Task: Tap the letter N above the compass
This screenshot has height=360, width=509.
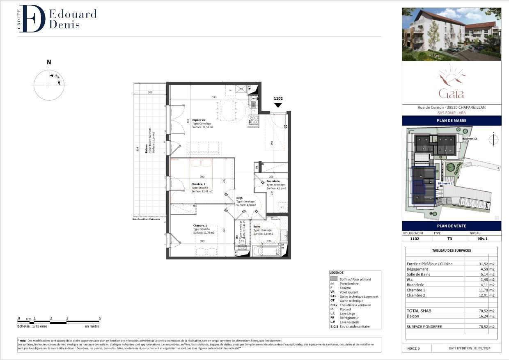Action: click(49, 62)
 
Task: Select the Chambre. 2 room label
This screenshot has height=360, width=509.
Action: click(199, 184)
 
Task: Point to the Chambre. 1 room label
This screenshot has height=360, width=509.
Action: click(200, 225)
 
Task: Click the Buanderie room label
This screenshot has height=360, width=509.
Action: click(273, 181)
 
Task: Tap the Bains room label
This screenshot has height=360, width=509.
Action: click(257, 227)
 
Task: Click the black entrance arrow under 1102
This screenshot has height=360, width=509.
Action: click(278, 105)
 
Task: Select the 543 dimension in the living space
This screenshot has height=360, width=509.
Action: click(214, 97)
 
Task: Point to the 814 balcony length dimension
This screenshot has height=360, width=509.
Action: click(138, 149)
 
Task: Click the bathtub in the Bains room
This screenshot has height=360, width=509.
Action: click(264, 250)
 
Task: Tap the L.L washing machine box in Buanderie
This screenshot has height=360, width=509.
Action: click(282, 208)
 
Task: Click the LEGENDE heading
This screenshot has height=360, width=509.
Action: click(337, 273)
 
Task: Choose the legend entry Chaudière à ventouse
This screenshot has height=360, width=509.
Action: click(355, 305)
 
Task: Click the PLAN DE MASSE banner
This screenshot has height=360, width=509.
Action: click(451, 121)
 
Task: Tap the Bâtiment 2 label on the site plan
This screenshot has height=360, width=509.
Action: click(469, 139)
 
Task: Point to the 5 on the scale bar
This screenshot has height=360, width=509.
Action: click(100, 318)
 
